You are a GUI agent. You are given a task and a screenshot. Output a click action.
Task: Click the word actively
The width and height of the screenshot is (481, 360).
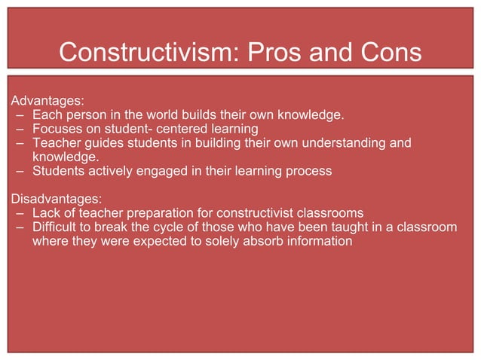108,171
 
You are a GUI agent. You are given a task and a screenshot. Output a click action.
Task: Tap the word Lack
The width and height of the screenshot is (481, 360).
47,213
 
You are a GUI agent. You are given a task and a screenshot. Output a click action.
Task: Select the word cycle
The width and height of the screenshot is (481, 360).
173,227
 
